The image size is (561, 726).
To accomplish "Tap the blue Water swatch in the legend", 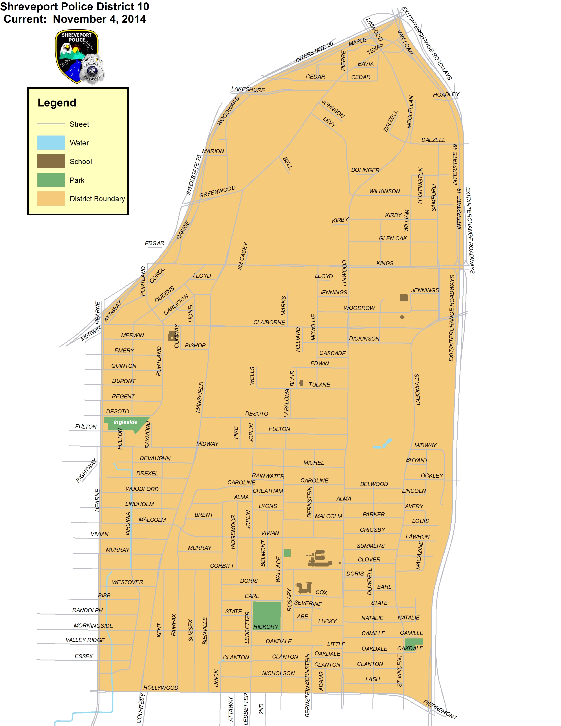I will tap(51, 143).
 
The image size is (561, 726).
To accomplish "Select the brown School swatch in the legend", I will tap(51, 161).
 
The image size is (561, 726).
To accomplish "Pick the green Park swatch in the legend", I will tap(51, 180).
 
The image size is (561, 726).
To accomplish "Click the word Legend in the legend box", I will tap(57, 103).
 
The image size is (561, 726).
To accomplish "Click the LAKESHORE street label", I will tap(248, 89).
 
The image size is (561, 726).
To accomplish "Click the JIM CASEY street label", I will tap(243, 257).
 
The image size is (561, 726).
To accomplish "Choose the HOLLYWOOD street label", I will tap(161, 688).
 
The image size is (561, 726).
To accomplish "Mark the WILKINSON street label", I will tap(385, 191).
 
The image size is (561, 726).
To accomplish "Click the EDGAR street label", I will tap(154, 243).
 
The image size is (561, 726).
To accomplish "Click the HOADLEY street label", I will tap(446, 94).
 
